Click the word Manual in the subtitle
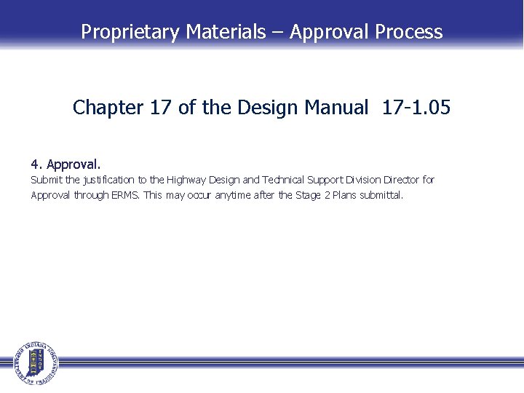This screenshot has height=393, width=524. coord(336,108)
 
